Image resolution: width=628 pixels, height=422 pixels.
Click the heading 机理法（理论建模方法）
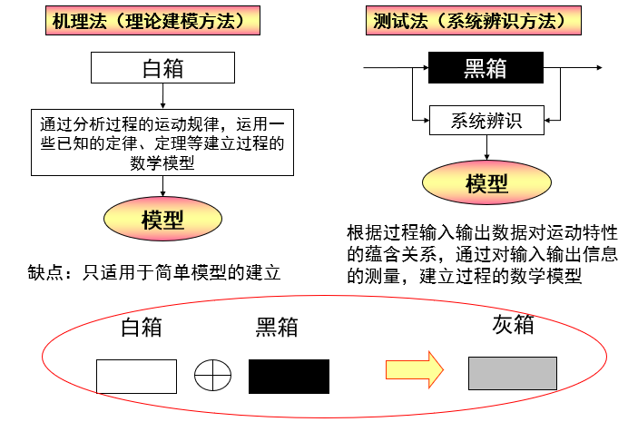(148, 21)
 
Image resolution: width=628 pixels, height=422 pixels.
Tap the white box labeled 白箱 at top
(163, 67)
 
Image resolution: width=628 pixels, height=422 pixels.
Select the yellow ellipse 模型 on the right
(486, 183)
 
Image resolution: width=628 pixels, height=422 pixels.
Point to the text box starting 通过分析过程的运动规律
(162, 142)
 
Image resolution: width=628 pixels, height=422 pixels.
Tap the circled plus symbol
(212, 374)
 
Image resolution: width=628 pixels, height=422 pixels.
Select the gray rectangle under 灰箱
(512, 373)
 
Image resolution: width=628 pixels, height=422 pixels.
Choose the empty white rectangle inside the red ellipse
(136, 376)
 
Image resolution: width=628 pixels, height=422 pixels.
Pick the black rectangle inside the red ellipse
(289, 376)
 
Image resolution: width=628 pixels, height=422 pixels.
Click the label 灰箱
(513, 324)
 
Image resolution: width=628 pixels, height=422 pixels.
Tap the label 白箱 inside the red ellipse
(142, 327)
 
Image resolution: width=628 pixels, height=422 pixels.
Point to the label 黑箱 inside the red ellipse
(277, 327)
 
